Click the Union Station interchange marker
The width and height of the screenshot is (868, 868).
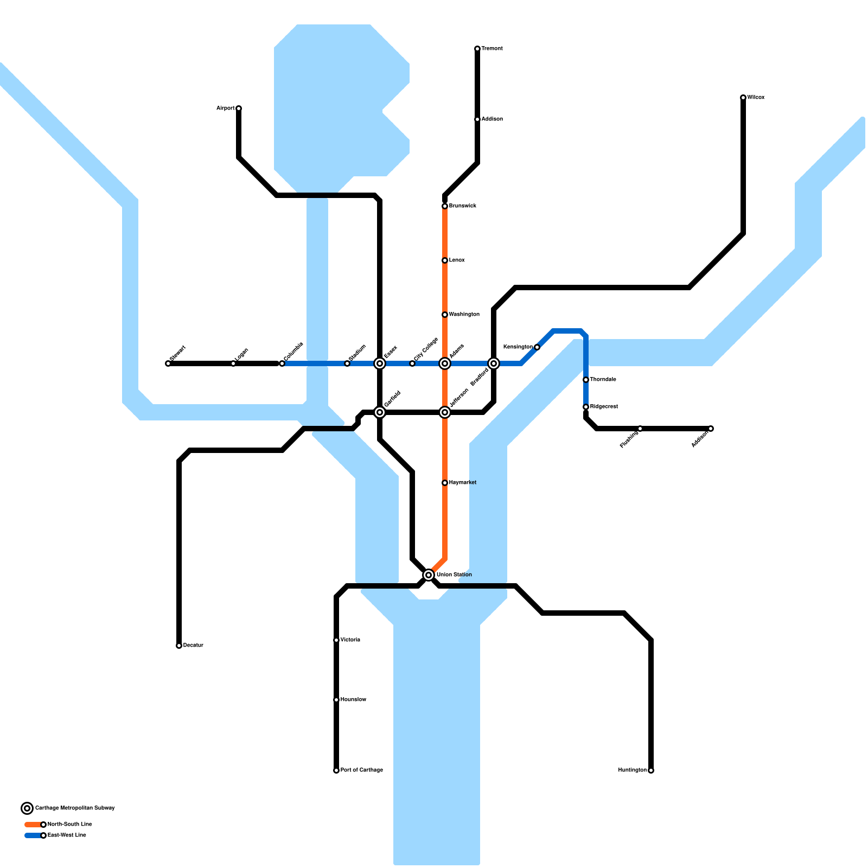coord(429,575)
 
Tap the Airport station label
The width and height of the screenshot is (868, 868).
coord(226,108)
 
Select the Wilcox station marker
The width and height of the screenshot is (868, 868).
coord(743,98)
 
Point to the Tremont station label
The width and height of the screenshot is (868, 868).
coord(492,49)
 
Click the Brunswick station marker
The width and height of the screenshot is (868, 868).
coord(445,206)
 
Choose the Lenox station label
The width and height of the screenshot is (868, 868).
coord(457,260)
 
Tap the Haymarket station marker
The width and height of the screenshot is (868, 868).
coord(445,483)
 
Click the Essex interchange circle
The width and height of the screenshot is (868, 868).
coord(380,363)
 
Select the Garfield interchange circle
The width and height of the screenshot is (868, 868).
coord(380,412)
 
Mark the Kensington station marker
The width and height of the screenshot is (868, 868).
coord(537,347)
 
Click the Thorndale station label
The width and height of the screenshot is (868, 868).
coord(603,380)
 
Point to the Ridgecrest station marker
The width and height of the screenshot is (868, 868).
coord(586,407)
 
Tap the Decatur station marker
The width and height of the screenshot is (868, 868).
coord(179,646)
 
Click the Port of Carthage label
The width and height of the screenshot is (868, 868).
coord(361,770)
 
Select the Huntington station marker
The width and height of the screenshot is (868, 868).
coord(651,770)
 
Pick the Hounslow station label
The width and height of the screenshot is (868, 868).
coord(353,700)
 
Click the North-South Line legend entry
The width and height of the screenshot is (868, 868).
coord(69,825)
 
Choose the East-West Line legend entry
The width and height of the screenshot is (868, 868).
coord(67,835)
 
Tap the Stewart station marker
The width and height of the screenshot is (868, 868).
coord(168,363)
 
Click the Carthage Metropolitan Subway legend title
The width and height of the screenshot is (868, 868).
coord(75,808)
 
